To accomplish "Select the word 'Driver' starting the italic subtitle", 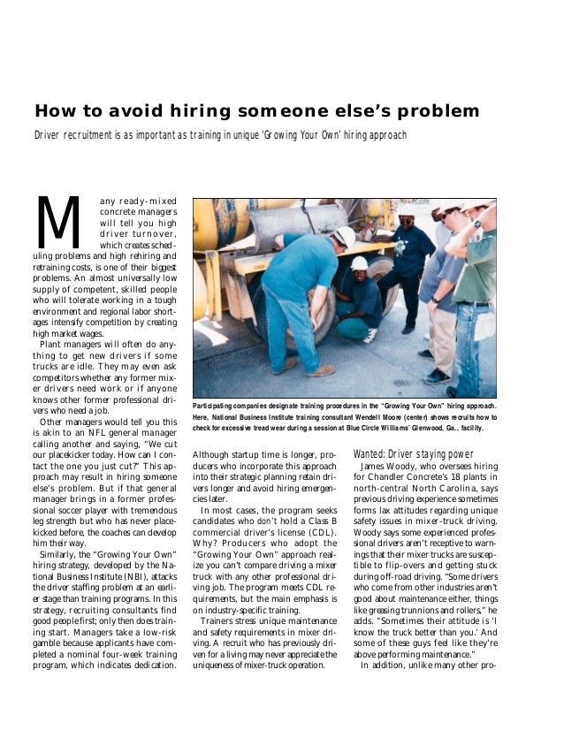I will tap(50, 135).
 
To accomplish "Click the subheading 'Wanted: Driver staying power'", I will tap(407, 453).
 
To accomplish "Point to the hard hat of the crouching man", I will tap(359, 262).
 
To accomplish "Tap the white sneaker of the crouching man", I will tap(370, 335).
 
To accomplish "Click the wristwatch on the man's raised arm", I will tap(476, 224).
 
